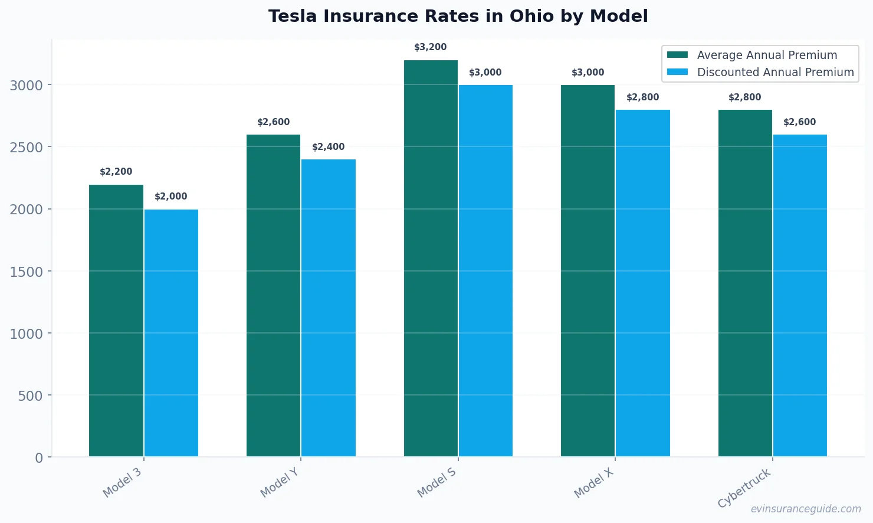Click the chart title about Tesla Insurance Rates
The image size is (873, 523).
(458, 17)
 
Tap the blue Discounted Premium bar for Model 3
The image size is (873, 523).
(171, 333)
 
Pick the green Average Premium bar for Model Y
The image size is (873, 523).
(273, 295)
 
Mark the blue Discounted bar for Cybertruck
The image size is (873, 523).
(800, 295)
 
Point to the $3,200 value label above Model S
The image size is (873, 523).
(430, 47)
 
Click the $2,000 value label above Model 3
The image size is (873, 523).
(171, 197)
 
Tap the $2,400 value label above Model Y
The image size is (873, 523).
(328, 147)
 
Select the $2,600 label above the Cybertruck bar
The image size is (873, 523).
(800, 122)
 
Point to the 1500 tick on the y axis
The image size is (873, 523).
(27, 272)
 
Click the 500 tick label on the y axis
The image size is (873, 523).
(30, 395)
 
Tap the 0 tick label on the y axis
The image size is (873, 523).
(39, 458)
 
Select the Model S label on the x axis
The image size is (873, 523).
(437, 482)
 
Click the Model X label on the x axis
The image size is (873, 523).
(594, 483)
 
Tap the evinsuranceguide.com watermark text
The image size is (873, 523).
(806, 509)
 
